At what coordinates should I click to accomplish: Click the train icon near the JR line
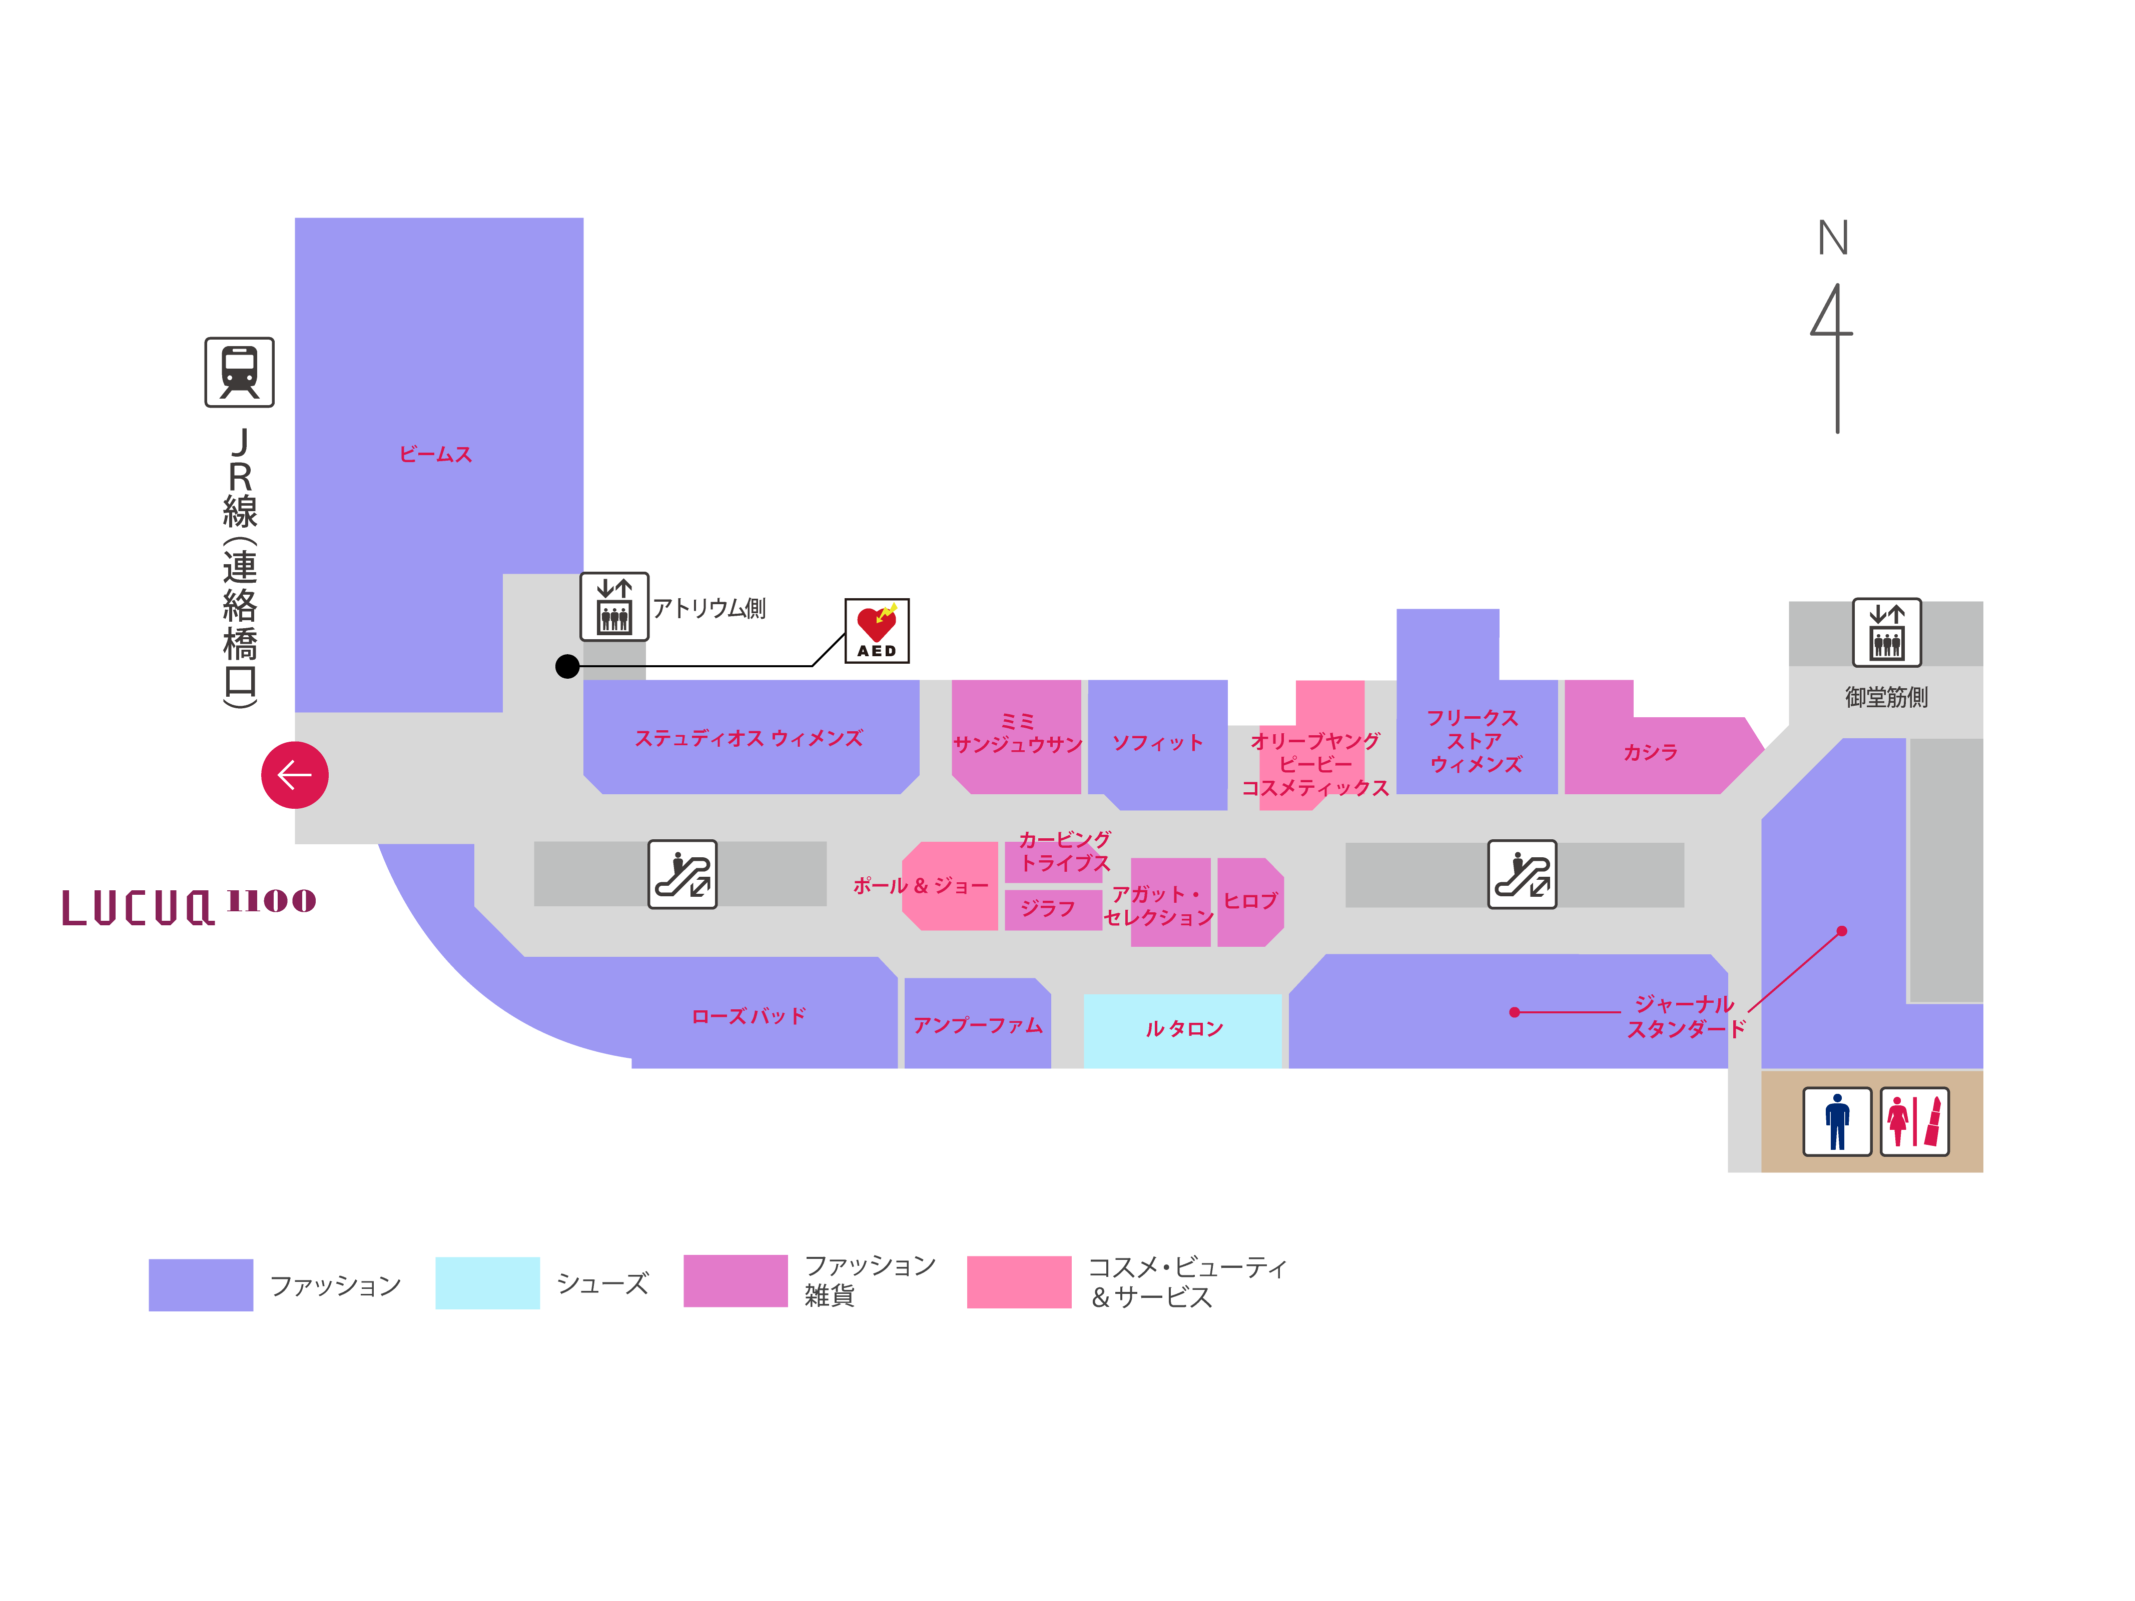point(239,373)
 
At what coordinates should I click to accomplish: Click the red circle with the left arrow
point(294,775)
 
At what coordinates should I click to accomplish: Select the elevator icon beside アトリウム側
point(614,606)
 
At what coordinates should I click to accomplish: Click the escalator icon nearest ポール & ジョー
point(682,874)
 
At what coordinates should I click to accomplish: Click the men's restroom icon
point(1837,1121)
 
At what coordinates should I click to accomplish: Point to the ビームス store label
point(435,455)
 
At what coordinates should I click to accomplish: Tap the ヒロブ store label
point(1250,900)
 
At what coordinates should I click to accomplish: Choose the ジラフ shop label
point(1047,908)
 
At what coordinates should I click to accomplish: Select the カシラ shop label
point(1650,752)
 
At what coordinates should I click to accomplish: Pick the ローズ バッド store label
point(748,1016)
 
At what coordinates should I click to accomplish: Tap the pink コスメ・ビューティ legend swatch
point(1018,1281)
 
